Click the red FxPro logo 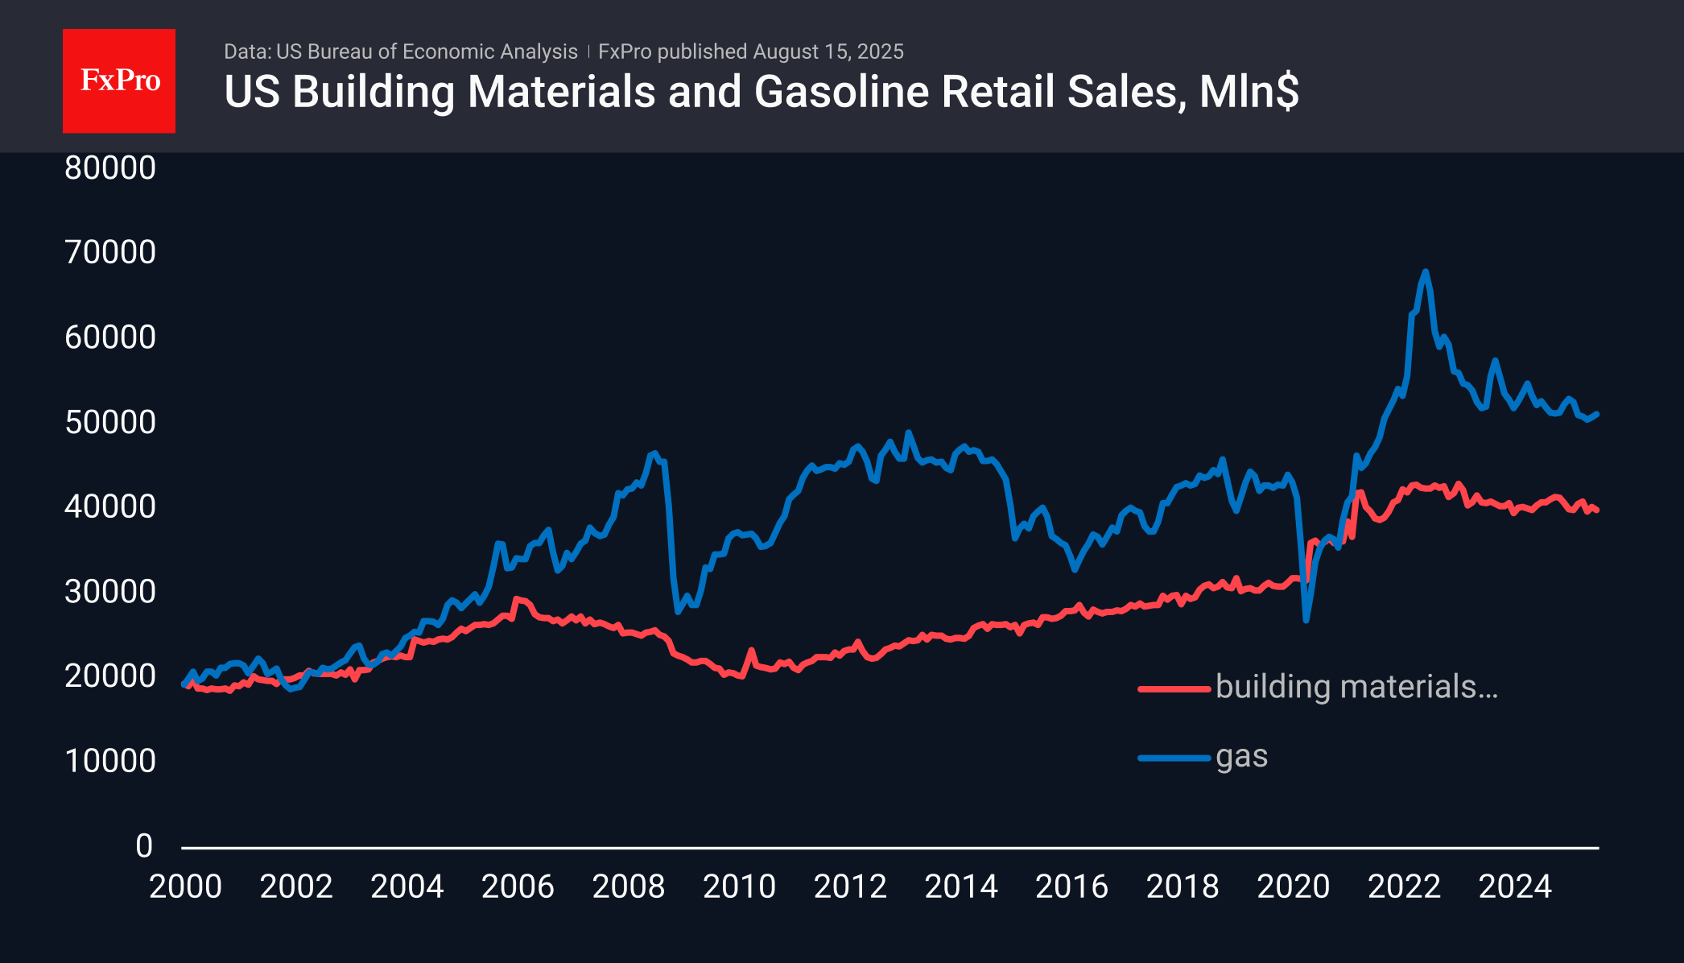click(x=119, y=81)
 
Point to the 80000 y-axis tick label click(x=110, y=167)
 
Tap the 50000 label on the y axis click(x=110, y=422)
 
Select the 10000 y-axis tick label click(x=110, y=761)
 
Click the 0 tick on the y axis click(x=144, y=845)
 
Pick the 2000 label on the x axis click(x=185, y=887)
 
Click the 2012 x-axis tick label click(x=850, y=887)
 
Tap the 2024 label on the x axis click(x=1515, y=887)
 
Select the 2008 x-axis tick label click(x=629, y=887)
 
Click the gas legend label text click(x=1242, y=757)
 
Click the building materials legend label click(x=1356, y=687)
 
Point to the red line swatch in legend click(x=1174, y=688)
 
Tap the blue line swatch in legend click(x=1174, y=758)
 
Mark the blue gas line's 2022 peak click(x=1426, y=272)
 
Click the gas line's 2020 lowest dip click(x=1306, y=620)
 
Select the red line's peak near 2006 click(x=516, y=598)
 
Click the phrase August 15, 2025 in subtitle click(x=828, y=52)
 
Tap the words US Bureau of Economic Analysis click(x=427, y=52)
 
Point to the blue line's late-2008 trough click(x=678, y=611)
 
